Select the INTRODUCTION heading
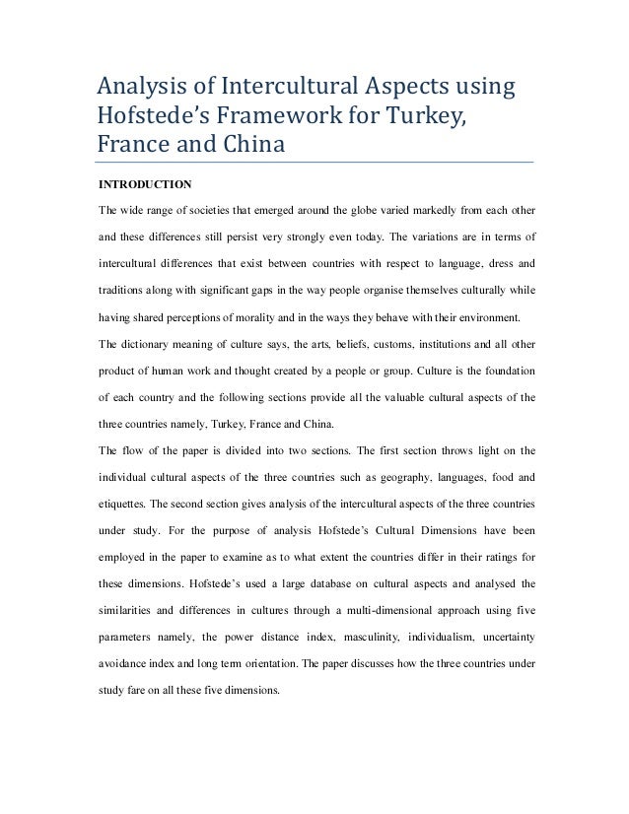point(144,183)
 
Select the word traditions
point(121,293)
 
